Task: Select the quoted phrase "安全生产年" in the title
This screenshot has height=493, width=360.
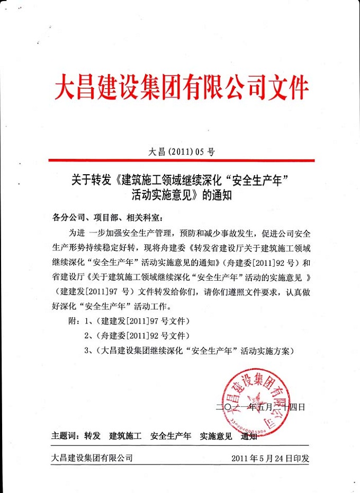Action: click(x=258, y=180)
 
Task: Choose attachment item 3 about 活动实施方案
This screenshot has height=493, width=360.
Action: click(x=188, y=351)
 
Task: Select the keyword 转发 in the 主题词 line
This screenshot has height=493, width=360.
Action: click(x=92, y=437)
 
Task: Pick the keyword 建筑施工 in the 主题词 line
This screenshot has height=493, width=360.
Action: click(x=125, y=437)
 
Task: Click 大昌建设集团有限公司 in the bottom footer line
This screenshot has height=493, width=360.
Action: click(x=92, y=458)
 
